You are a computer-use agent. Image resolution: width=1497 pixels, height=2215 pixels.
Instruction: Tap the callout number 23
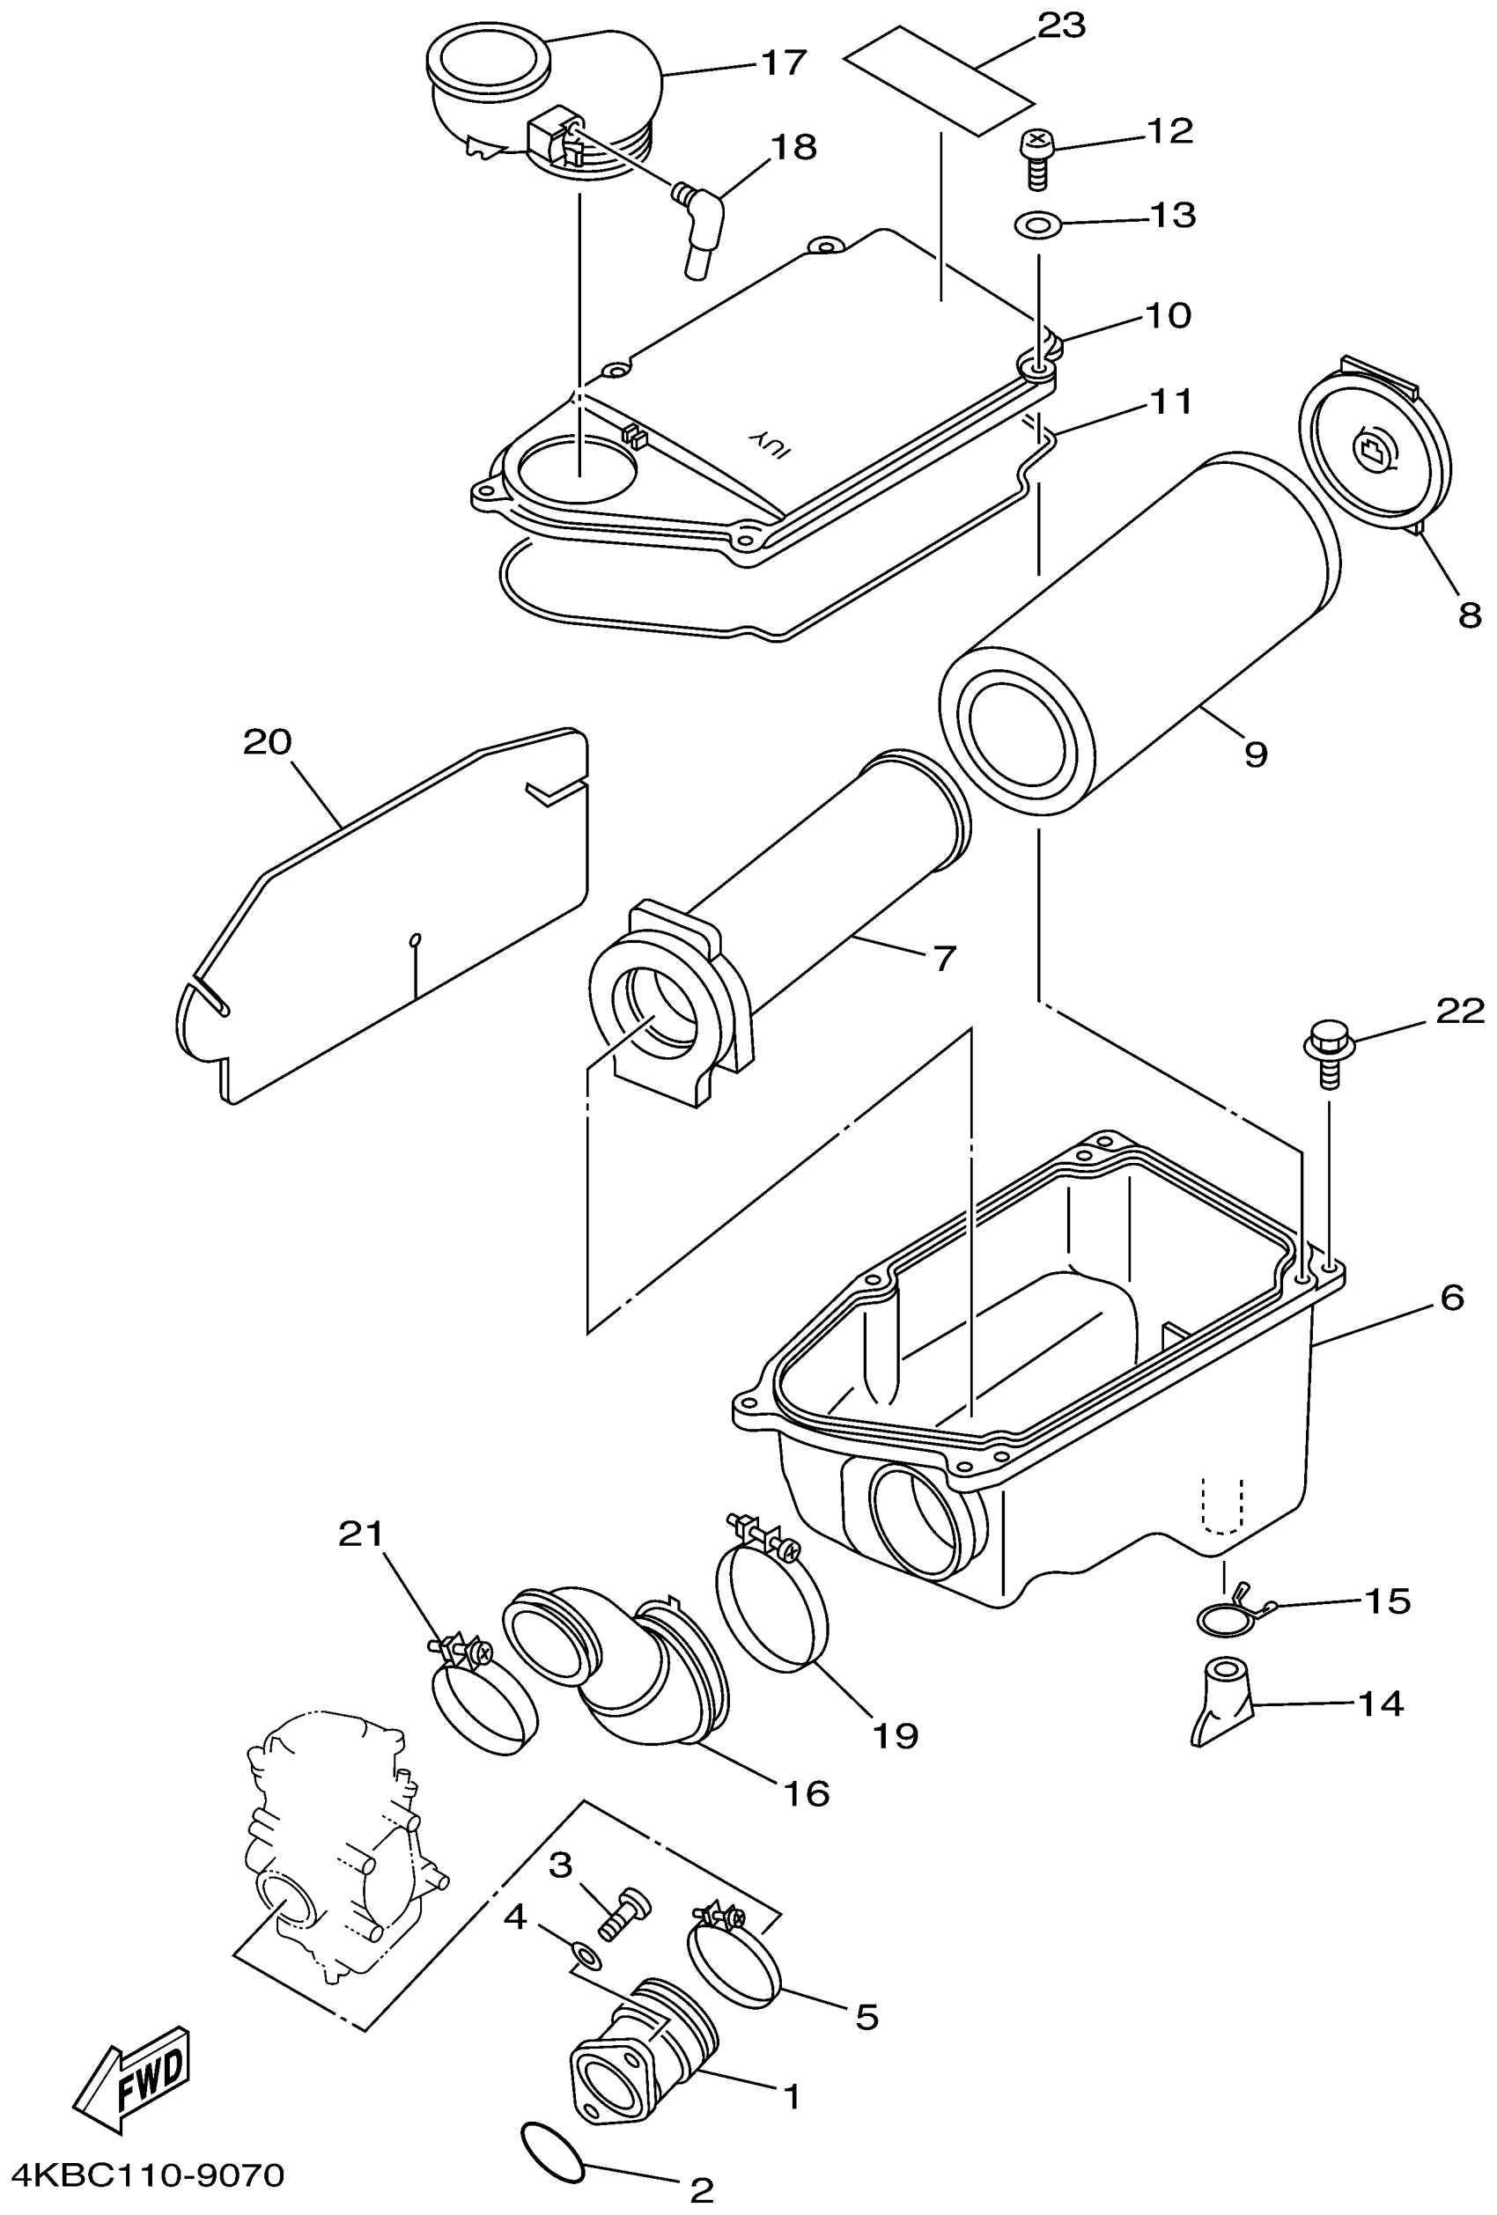click(x=1060, y=26)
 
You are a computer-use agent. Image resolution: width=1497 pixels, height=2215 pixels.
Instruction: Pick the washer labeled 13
click(x=1037, y=226)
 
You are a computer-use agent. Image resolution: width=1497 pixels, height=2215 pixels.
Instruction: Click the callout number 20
click(x=267, y=742)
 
